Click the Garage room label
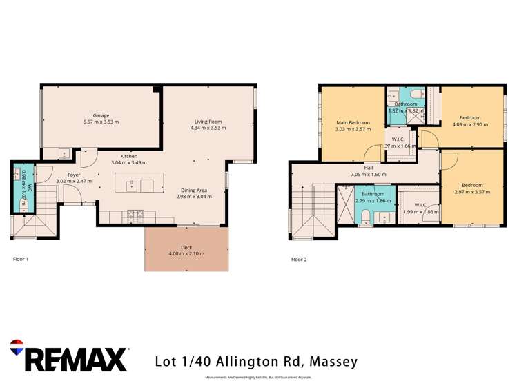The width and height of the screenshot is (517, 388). click(101, 115)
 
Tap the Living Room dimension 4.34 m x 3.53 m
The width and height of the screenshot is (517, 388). click(208, 128)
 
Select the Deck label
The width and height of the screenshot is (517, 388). click(186, 247)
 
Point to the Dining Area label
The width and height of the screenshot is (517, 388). click(194, 190)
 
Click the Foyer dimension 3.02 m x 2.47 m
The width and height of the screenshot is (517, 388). click(73, 182)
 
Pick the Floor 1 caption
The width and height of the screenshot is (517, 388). click(21, 260)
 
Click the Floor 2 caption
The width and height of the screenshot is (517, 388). click(299, 260)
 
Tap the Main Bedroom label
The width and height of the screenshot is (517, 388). click(353, 123)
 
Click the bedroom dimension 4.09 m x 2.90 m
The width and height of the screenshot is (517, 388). click(470, 125)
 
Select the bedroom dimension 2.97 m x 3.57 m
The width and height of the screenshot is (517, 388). click(471, 192)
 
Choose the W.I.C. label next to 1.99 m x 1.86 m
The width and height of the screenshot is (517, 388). click(420, 205)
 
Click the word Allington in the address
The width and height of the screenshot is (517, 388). click(238, 361)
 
